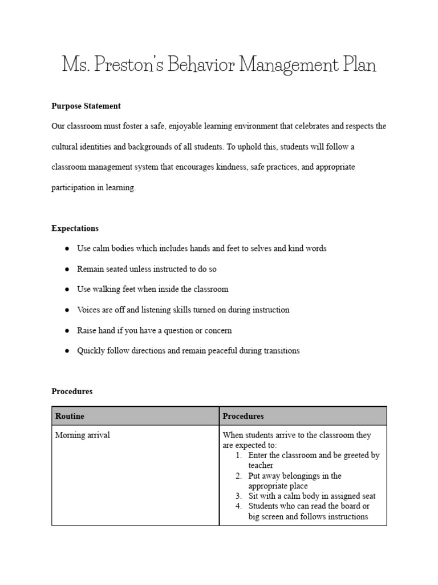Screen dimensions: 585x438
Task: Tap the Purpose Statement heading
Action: pos(86,106)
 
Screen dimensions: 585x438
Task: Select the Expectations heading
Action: pos(75,228)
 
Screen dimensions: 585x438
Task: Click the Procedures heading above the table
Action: pos(72,391)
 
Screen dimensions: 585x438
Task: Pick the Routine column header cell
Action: pos(135,416)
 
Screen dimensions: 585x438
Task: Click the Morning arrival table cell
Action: pos(82,435)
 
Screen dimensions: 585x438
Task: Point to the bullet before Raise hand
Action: pos(67,331)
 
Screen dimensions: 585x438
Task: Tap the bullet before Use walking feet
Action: pos(67,290)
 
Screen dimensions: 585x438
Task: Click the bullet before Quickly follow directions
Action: pos(67,351)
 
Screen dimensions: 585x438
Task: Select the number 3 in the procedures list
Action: pos(238,496)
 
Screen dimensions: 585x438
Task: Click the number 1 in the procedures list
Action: pos(238,455)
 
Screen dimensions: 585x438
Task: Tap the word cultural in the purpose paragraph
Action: pos(64,146)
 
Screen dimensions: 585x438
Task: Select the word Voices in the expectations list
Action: pos(88,310)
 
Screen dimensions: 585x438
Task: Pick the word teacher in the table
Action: pos(261,466)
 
